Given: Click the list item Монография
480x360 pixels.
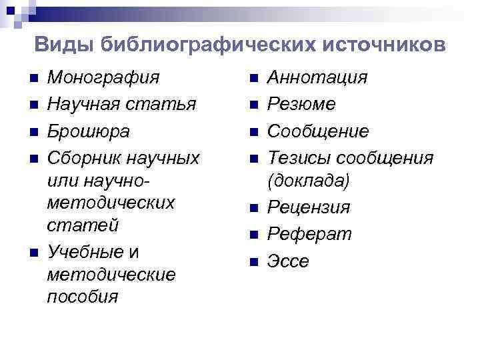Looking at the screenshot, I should click(x=103, y=78).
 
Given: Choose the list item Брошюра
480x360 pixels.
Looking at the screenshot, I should click(x=89, y=131).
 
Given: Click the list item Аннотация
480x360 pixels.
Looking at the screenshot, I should click(x=317, y=78).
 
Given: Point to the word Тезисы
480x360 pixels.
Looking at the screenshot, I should click(x=299, y=158).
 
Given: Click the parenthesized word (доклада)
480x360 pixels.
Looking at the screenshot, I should click(x=308, y=181).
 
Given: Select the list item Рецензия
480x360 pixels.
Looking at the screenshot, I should click(x=308, y=208).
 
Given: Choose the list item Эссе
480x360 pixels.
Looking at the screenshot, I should click(x=288, y=261).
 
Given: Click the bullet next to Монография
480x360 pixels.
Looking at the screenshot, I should click(x=33, y=79).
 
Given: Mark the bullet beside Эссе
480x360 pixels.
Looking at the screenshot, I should click(x=253, y=262).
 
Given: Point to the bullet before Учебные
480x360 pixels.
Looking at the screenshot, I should click(x=33, y=253).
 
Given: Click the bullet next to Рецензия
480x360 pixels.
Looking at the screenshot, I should click(x=253, y=209).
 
